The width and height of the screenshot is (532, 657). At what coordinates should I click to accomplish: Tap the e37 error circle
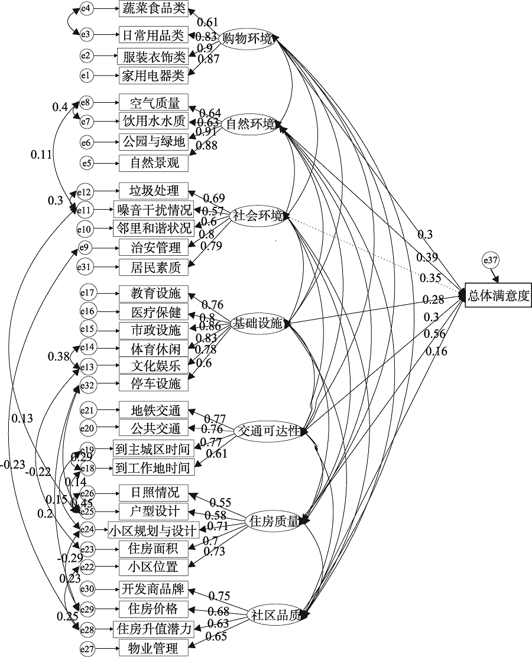click(491, 259)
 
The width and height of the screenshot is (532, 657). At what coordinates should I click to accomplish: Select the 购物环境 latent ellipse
click(246, 39)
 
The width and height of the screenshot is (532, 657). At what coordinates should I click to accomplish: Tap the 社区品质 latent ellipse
click(275, 614)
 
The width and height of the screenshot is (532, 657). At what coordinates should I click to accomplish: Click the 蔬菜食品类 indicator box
click(153, 8)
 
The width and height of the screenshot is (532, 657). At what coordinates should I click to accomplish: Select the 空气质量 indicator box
click(153, 103)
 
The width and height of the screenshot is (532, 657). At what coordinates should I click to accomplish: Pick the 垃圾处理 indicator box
click(153, 191)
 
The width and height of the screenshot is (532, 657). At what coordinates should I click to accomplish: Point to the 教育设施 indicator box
click(153, 292)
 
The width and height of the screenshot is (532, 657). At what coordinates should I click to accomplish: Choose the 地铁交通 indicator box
click(153, 409)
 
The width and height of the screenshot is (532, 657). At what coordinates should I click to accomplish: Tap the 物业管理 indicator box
click(153, 648)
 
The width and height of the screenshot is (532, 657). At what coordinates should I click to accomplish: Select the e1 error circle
click(86, 75)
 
